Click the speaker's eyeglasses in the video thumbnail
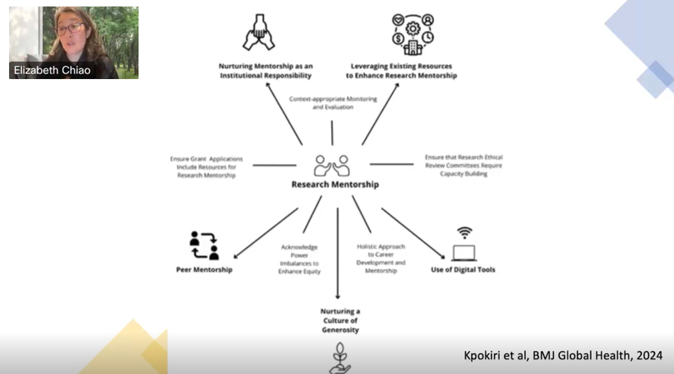pyautogui.click(x=70, y=29)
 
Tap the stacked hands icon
pyautogui.click(x=258, y=34)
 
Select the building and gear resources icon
pyautogui.click(x=412, y=34)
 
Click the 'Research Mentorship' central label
pyautogui.click(x=335, y=185)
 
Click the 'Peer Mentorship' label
pyautogui.click(x=204, y=270)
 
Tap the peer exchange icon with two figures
pyautogui.click(x=204, y=245)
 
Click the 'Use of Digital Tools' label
pyautogui.click(x=463, y=270)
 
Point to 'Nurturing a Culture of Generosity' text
pyautogui.click(x=340, y=321)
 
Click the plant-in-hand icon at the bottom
pyautogui.click(x=339, y=359)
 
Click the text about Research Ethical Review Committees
pyautogui.click(x=463, y=165)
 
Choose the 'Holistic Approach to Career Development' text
pyautogui.click(x=381, y=259)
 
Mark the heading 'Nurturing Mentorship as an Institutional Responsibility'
pyautogui.click(x=265, y=71)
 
